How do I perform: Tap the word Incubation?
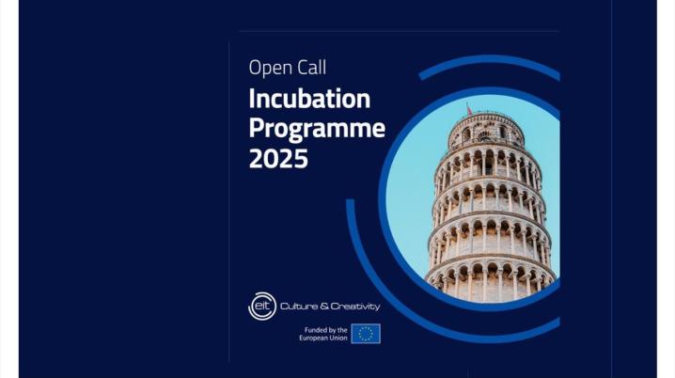click(x=309, y=99)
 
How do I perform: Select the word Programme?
click(x=317, y=130)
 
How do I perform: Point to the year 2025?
click(x=278, y=158)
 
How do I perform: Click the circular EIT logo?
click(x=262, y=307)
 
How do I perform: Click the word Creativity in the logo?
click(x=355, y=307)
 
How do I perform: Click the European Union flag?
click(x=366, y=334)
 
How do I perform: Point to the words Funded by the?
click(x=326, y=330)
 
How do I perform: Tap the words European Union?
click(x=323, y=338)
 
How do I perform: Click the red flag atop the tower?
click(x=469, y=109)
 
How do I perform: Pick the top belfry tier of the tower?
click(x=486, y=131)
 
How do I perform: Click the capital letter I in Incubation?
click(x=251, y=99)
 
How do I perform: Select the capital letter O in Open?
click(x=256, y=68)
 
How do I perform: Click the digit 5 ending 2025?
click(x=301, y=158)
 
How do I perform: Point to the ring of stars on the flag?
click(x=366, y=334)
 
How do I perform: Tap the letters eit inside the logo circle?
click(x=262, y=306)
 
